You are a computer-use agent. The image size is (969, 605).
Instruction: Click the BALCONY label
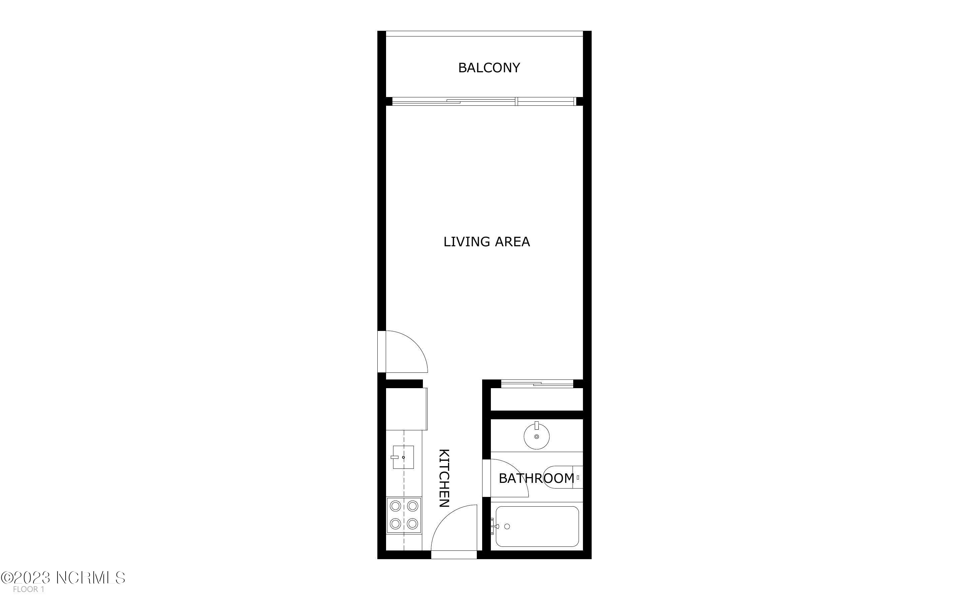pyautogui.click(x=489, y=68)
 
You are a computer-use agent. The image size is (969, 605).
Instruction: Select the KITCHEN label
pyautogui.click(x=444, y=478)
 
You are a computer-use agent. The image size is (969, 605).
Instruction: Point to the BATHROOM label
pyautogui.click(x=536, y=478)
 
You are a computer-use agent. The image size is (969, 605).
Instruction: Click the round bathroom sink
pyautogui.click(x=536, y=436)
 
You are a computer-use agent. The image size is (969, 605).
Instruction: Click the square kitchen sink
pyautogui.click(x=403, y=457)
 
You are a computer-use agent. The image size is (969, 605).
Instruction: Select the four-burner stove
pyautogui.click(x=404, y=515)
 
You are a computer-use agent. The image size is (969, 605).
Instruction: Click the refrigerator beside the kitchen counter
pyautogui.click(x=406, y=409)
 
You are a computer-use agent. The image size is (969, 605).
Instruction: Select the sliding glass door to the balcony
pyautogui.click(x=483, y=101)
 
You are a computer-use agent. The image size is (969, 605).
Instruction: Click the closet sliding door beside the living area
pyautogui.click(x=537, y=384)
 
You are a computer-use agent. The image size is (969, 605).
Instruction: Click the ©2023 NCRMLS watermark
pyautogui.click(x=63, y=578)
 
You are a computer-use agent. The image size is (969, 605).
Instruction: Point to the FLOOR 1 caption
pyautogui.click(x=28, y=589)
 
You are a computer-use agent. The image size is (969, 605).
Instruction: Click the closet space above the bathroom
pyautogui.click(x=537, y=399)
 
